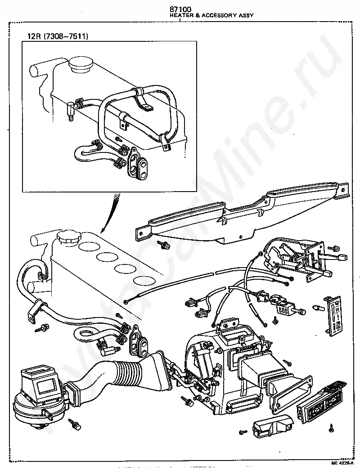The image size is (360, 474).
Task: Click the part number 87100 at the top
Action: coord(180,9)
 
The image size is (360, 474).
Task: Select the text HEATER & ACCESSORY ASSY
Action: coord(211,15)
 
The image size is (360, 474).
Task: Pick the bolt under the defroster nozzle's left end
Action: coord(162,245)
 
